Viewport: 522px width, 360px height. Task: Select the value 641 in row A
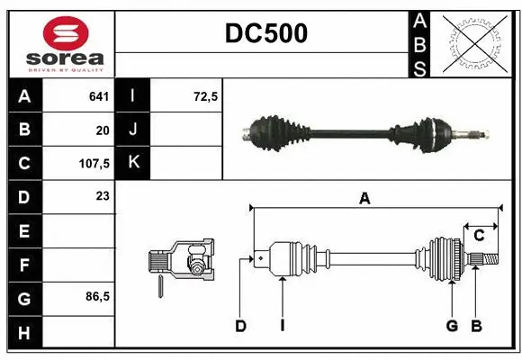(98, 96)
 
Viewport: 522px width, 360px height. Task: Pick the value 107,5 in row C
(94, 164)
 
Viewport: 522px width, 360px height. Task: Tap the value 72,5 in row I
(206, 96)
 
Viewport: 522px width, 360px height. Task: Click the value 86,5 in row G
(94, 297)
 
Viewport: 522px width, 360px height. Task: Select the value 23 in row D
(101, 196)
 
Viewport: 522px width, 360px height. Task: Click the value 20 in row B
(102, 130)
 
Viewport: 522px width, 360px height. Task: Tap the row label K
(133, 164)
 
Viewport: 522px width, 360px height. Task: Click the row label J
(133, 130)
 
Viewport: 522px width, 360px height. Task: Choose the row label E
(23, 230)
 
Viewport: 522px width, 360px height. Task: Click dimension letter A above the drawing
(364, 200)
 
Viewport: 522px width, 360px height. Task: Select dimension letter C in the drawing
(479, 236)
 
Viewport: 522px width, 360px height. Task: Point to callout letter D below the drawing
(240, 326)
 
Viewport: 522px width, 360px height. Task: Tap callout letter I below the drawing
(282, 326)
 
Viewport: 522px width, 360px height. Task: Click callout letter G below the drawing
(452, 326)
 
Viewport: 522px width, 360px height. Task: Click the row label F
(23, 265)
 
